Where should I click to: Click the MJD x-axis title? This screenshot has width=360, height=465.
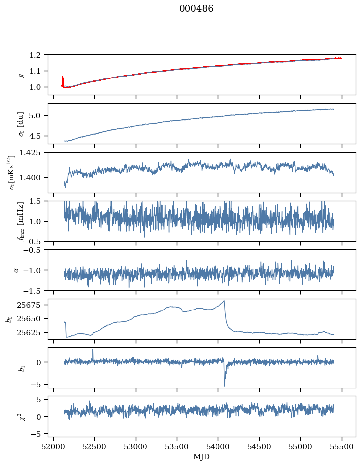pyautogui.click(x=201, y=456)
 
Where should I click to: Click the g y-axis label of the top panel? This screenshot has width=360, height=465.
pyautogui.click(x=21, y=75)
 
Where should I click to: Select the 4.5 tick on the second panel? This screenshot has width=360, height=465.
pyautogui.click(x=38, y=136)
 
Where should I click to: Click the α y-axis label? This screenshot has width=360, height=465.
pyautogui.click(x=16, y=270)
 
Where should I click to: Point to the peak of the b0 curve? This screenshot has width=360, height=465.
pyautogui.click(x=224, y=300)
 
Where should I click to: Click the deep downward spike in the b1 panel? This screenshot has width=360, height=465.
pyautogui.click(x=224, y=386)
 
